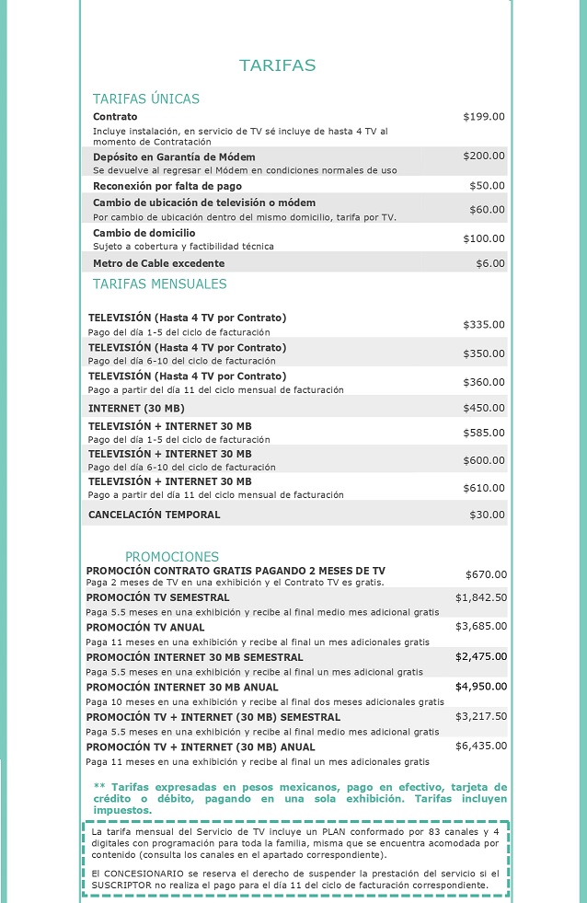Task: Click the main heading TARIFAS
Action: (x=277, y=65)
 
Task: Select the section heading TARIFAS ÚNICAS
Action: (x=145, y=98)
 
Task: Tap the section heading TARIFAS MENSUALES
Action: (x=159, y=284)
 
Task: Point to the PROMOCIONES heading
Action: (x=172, y=557)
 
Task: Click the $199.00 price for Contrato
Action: (x=484, y=117)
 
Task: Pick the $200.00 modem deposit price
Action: (x=484, y=156)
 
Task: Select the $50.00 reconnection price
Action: (x=487, y=186)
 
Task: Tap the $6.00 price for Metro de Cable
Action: (x=490, y=263)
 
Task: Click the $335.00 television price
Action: (x=484, y=324)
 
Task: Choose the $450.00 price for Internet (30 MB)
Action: (x=484, y=408)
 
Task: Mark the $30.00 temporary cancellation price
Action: (x=487, y=515)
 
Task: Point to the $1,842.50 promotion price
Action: (x=480, y=597)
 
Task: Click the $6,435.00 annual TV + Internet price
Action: (x=480, y=747)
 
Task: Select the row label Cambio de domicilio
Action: (x=144, y=233)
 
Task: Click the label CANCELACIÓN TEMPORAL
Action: (x=154, y=515)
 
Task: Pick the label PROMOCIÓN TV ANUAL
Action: (x=145, y=628)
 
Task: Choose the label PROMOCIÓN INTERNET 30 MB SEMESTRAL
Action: (x=194, y=657)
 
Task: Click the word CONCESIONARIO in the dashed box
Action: (x=147, y=873)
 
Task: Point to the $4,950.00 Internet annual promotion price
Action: (x=480, y=687)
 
